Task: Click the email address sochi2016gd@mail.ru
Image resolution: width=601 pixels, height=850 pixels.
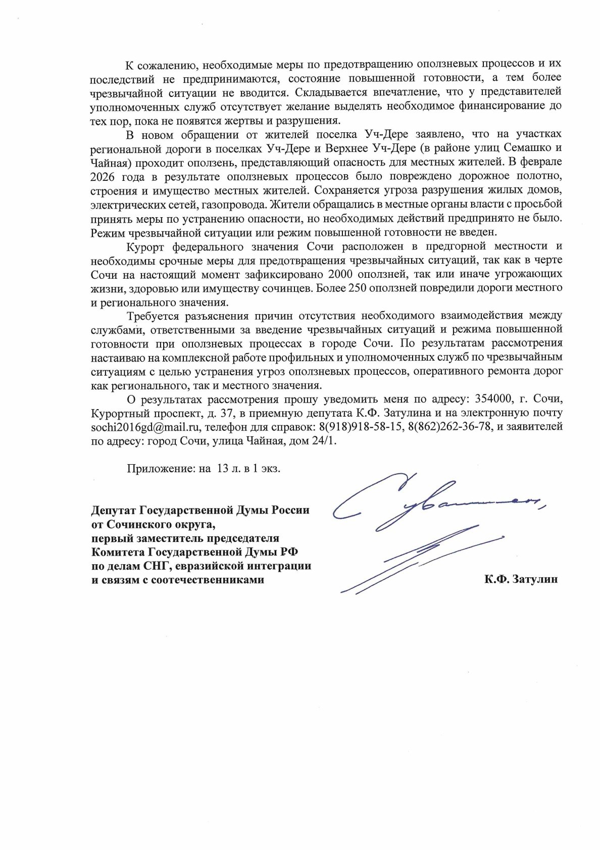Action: [x=146, y=427]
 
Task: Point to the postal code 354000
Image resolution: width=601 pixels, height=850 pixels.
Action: [x=493, y=399]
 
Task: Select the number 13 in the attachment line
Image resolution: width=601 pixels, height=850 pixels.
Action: [x=223, y=468]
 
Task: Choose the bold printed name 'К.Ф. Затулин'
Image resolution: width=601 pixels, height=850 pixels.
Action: [x=521, y=579]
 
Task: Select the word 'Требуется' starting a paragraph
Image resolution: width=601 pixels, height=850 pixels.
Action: [x=152, y=316]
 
